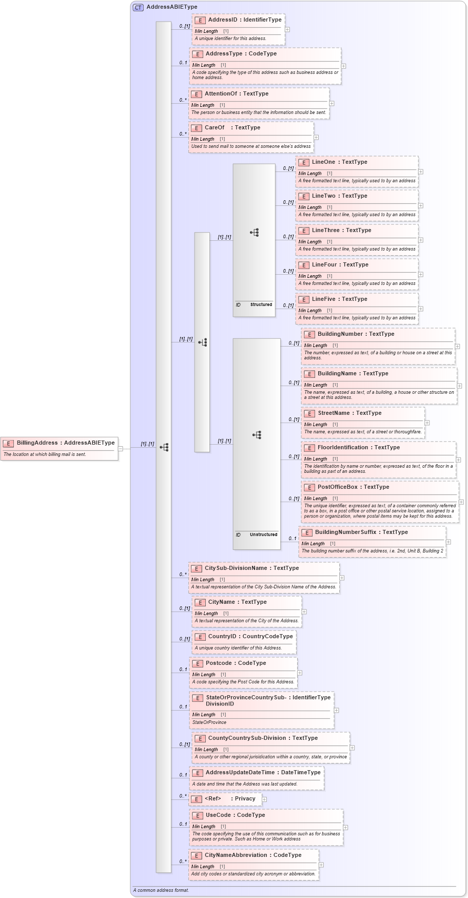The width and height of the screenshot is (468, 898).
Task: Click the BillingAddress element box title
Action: tap(65, 443)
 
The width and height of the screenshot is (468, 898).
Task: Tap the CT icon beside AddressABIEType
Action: tap(138, 7)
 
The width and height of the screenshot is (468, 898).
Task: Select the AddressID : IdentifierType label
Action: tap(244, 20)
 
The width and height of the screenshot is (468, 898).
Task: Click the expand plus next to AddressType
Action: tap(343, 66)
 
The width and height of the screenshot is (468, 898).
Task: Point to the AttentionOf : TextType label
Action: tap(236, 93)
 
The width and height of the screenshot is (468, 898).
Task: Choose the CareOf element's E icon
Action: tap(197, 128)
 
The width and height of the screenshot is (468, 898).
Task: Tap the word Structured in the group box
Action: tap(261, 304)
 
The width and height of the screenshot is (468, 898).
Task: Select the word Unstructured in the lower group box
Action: tap(263, 534)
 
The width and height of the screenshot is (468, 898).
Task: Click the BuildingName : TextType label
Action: tap(353, 373)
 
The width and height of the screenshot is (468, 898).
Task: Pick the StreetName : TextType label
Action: tap(349, 413)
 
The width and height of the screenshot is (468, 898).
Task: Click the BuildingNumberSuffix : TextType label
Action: tap(361, 532)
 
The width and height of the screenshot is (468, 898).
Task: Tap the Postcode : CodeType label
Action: tap(236, 663)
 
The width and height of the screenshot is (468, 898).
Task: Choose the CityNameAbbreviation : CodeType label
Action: tap(252, 855)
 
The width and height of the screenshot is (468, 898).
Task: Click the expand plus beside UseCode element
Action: tap(345, 827)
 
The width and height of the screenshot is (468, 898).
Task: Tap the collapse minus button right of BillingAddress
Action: tap(121, 448)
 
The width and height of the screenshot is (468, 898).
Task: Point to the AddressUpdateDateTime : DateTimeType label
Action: tap(263, 772)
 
